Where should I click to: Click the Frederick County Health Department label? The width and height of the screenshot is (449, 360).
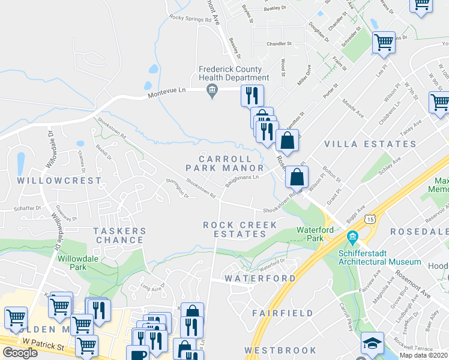point(234,74)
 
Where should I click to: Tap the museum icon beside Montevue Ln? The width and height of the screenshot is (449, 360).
point(211,91)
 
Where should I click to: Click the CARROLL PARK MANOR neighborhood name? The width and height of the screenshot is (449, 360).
point(224,163)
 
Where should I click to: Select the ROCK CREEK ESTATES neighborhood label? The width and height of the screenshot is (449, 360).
point(240,229)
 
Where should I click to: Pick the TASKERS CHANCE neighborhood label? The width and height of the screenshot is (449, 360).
point(119,235)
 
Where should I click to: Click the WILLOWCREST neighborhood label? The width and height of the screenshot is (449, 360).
point(59,180)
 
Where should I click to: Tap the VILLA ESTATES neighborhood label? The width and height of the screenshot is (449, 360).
point(370,144)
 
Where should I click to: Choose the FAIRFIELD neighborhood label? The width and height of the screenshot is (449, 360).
point(283,313)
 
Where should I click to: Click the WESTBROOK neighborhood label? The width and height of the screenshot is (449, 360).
point(280,350)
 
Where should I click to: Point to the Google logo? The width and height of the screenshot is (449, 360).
point(20,353)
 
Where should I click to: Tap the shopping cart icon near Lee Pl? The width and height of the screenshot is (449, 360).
point(383,43)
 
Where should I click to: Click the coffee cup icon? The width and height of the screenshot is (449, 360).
point(137,354)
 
